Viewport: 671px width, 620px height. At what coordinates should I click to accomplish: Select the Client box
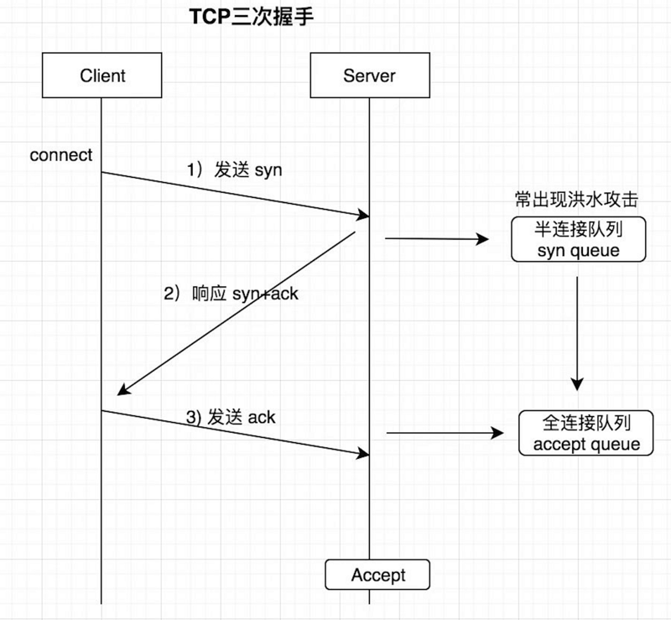(x=102, y=76)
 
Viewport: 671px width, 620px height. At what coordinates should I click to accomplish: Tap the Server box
(x=369, y=76)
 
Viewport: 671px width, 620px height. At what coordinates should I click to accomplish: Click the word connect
(x=61, y=155)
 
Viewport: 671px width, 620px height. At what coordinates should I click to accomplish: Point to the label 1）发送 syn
(x=234, y=170)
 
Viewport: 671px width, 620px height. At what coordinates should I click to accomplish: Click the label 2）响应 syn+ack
(x=231, y=294)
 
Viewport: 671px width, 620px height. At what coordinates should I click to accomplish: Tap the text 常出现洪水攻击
(x=577, y=201)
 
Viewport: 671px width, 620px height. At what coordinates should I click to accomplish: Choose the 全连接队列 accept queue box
(x=586, y=433)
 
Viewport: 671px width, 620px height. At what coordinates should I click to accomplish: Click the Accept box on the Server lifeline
(x=377, y=576)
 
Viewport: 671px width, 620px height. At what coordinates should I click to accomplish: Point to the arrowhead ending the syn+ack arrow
(x=122, y=390)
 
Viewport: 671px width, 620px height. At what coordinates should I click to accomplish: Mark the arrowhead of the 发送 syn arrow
(x=363, y=216)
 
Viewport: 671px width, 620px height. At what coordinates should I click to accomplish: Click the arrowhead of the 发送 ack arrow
(x=363, y=454)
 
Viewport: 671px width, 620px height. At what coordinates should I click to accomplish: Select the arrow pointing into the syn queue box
(x=436, y=239)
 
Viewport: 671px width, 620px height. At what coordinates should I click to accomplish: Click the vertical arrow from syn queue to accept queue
(x=577, y=331)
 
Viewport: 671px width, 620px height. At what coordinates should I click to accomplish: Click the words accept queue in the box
(x=586, y=444)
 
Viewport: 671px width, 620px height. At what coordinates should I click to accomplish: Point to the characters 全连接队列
(x=586, y=423)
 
